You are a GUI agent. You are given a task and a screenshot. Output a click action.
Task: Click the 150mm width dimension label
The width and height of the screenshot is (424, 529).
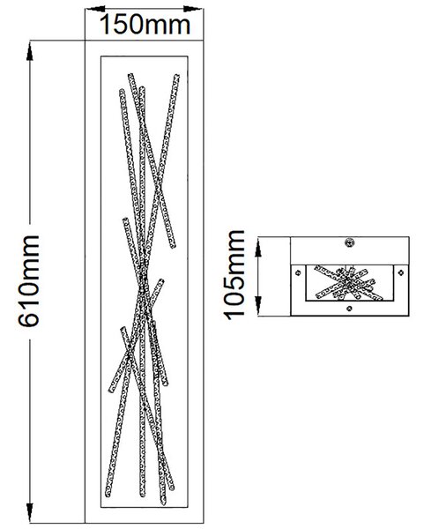click(145, 25)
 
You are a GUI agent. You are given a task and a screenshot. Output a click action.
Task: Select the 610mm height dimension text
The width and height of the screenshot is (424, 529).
click(29, 281)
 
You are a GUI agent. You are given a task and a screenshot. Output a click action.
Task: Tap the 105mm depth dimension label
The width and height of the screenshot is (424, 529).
click(234, 275)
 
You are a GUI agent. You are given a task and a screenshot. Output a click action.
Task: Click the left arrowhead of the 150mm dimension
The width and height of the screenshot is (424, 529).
click(95, 9)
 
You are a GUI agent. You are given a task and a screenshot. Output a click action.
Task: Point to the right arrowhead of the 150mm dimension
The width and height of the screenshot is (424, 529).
click(193, 9)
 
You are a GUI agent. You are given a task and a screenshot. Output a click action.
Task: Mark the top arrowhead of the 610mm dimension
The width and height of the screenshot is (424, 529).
click(30, 52)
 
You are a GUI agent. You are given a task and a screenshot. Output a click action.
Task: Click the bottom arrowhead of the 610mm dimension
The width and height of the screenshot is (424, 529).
click(30, 512)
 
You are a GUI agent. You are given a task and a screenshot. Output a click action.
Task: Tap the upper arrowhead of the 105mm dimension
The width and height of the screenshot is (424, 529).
click(258, 247)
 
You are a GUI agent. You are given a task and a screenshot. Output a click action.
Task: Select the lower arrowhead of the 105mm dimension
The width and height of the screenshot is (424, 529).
click(258, 306)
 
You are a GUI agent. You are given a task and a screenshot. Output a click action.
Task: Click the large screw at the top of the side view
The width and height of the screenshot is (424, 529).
click(349, 242)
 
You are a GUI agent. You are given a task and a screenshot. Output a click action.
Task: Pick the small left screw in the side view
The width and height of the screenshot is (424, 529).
click(298, 272)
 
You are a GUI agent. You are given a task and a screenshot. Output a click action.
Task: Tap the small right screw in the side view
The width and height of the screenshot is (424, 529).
click(401, 272)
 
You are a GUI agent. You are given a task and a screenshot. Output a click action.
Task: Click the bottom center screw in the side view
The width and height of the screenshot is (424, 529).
click(349, 308)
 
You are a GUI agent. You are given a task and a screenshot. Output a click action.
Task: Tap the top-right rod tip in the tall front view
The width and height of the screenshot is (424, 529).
click(176, 77)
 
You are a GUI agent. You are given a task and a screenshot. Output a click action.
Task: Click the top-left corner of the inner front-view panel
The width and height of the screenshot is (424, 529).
click(100, 56)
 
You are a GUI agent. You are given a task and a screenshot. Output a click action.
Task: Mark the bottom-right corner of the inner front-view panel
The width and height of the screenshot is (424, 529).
click(188, 507)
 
